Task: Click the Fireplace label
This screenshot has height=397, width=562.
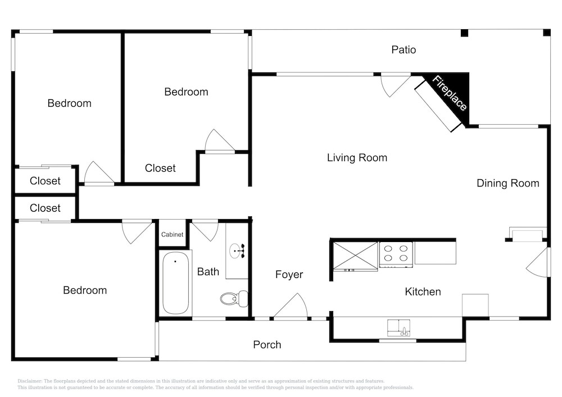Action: (449, 93)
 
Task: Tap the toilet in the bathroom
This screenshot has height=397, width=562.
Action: (234, 299)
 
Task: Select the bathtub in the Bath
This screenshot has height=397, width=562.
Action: (175, 283)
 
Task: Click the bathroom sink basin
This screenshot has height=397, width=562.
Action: (235, 250)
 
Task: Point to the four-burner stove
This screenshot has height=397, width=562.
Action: (396, 254)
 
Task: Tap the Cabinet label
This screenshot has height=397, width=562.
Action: (172, 235)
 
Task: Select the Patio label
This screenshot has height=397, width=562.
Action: (404, 50)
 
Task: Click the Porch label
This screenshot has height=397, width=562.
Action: (267, 345)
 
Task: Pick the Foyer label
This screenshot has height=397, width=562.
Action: (289, 275)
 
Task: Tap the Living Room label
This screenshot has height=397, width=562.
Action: (357, 158)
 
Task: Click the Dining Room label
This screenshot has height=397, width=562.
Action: (508, 183)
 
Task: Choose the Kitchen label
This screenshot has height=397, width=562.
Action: (423, 292)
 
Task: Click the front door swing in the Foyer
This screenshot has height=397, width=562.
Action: (291, 306)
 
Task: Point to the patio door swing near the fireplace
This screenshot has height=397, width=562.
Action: (395, 85)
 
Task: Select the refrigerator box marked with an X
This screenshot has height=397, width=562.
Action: (355, 256)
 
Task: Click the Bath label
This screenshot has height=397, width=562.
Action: (209, 272)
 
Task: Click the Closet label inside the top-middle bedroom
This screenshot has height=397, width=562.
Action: (160, 168)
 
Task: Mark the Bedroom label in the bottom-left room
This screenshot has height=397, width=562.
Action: (85, 290)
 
